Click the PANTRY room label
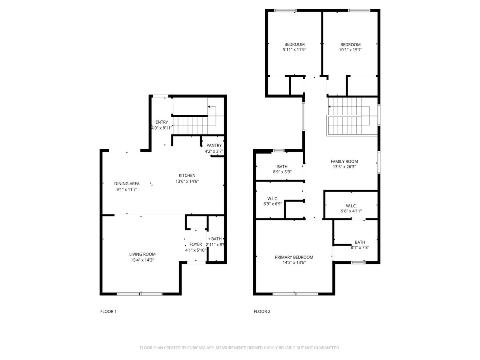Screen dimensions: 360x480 point(214,145)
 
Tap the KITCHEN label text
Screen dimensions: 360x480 point(187,175)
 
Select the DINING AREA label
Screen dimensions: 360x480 point(126,184)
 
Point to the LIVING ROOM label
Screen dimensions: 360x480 point(142,254)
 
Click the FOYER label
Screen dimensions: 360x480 point(196,244)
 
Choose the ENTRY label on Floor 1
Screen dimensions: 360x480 point(162,122)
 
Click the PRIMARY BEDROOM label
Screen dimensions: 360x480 point(294,257)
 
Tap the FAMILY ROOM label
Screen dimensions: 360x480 point(344,162)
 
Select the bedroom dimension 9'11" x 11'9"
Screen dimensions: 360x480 point(294,50)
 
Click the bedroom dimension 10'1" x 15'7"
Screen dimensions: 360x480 point(350,50)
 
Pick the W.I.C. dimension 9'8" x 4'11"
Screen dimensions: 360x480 point(351,211)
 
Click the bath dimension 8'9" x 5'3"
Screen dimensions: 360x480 point(282,172)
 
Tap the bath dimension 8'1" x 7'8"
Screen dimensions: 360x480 point(360,247)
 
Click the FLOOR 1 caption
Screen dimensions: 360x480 point(108,311)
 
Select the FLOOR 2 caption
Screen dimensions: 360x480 point(262,311)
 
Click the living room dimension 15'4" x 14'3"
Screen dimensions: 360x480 point(142,260)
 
